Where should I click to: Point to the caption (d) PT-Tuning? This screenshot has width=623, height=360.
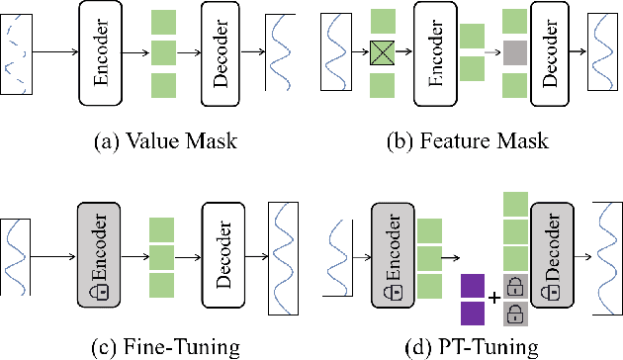tap(469, 346)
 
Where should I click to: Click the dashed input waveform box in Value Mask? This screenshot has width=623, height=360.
tap(18, 51)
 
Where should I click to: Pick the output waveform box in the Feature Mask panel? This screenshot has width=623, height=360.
tap(603, 51)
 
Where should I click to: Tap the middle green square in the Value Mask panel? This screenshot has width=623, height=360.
tap(162, 51)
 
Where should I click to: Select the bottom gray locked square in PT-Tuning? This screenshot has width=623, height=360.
tap(513, 314)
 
